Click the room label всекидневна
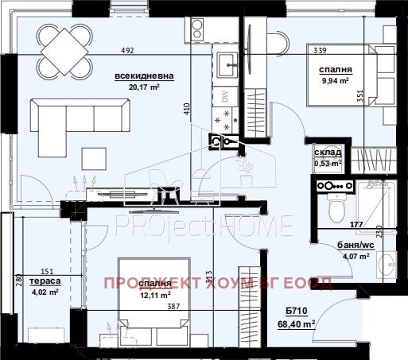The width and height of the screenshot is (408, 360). click(144, 76)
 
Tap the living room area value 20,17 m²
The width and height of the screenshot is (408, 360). click(144, 87)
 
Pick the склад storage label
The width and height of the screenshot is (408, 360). click(328, 152)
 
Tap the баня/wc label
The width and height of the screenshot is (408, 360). click(334, 245)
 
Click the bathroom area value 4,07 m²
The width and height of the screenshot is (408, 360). click(334, 256)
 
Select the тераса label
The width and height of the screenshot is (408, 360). click(42, 281)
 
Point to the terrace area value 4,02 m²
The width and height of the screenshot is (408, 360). click(42, 292)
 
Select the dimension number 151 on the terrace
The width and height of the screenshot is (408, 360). click(47, 271)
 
